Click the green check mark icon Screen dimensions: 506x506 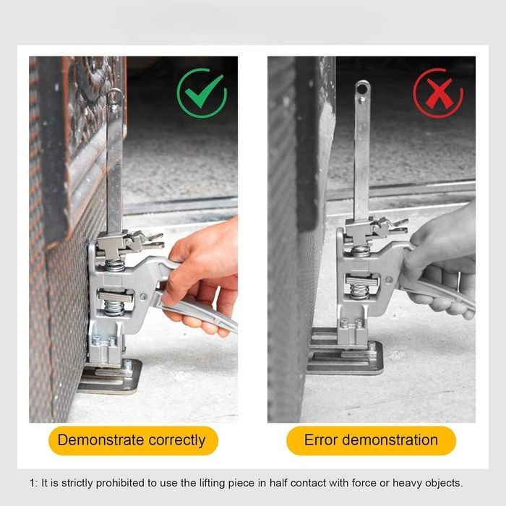202,93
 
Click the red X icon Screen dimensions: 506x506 438,93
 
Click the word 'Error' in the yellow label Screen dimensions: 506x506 321,439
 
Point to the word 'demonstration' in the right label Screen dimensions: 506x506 390,439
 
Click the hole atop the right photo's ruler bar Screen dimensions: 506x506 362,88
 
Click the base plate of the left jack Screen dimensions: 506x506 110,377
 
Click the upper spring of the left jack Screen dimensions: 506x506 114,265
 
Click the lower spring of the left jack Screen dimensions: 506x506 113,307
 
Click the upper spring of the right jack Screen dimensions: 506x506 361,251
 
